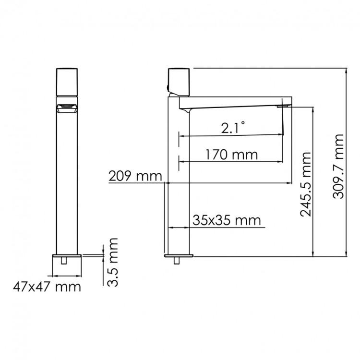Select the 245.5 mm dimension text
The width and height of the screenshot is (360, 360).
[x=306, y=184]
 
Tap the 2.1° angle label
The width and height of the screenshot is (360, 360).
[x=233, y=128]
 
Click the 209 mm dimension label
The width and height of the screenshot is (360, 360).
[x=135, y=176]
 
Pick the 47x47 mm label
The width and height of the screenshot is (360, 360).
[x=47, y=288]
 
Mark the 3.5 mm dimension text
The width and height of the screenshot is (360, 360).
[x=112, y=263]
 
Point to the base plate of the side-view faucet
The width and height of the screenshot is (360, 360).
[x=179, y=254]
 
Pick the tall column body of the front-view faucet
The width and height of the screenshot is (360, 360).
[x=67, y=182]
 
